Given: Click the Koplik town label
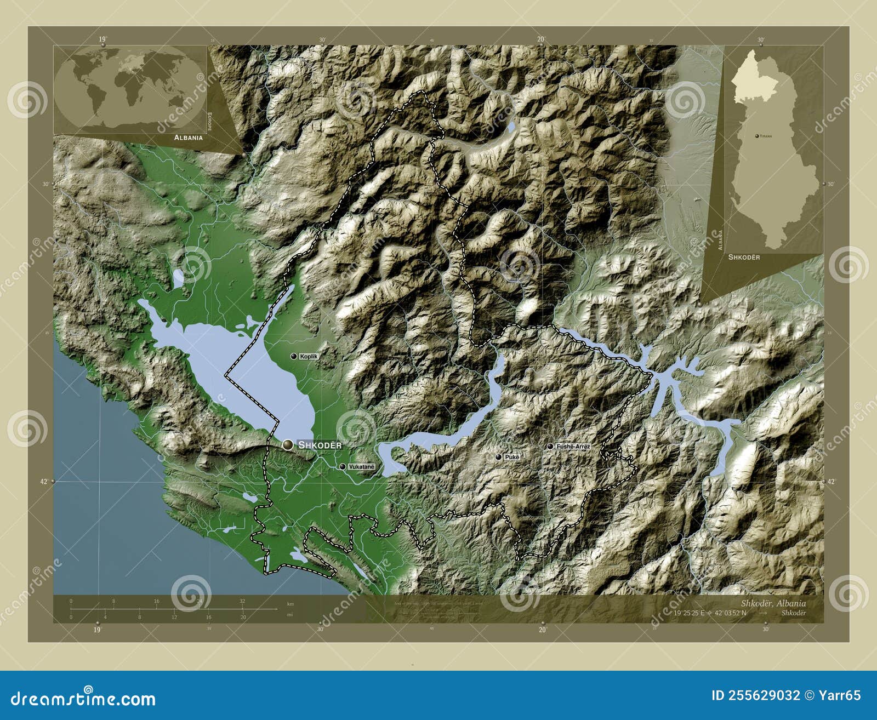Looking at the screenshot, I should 309,356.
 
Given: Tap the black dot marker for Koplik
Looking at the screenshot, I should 294,356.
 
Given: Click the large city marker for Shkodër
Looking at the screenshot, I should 287,445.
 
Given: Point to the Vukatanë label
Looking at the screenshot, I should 361,467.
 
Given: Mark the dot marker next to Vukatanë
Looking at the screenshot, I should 343,467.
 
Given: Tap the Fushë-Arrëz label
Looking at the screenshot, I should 573,447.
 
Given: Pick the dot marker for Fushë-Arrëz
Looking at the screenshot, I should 550,447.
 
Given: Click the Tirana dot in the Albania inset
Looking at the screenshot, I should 756,135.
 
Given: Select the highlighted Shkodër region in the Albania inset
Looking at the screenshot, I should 754,79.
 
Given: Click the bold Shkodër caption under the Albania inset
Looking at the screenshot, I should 744,257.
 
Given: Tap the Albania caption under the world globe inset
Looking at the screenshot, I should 189,138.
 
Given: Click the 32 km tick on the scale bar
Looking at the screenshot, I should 242,601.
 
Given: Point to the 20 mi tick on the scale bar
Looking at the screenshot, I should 243,617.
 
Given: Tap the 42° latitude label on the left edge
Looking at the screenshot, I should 44,482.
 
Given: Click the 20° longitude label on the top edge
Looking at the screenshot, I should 541,39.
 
